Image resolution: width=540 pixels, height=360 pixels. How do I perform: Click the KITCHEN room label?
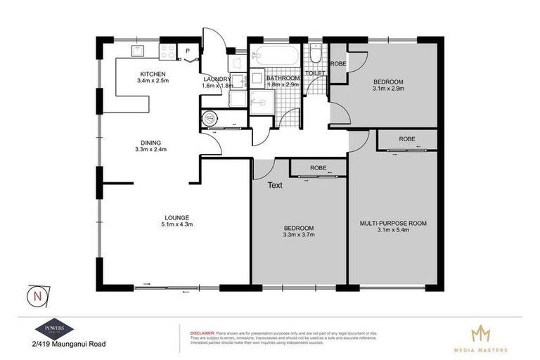[x=153, y=74]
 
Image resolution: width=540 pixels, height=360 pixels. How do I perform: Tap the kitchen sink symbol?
[x=136, y=50]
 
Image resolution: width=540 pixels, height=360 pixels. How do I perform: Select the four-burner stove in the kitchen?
[x=167, y=51]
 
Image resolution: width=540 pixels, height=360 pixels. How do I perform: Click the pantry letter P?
[x=188, y=51]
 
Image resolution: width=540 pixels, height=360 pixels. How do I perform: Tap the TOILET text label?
[x=314, y=73]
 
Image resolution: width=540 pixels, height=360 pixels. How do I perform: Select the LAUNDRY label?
[x=217, y=79]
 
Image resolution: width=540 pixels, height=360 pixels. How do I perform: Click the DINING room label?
[x=150, y=141]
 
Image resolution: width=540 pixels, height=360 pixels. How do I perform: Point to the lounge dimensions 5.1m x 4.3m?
[x=176, y=224]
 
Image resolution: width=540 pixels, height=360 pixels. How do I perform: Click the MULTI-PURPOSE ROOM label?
[x=392, y=223]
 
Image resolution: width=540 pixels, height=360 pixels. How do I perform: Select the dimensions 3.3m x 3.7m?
[x=299, y=236]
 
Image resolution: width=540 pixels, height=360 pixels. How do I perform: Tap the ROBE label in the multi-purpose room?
[x=406, y=139]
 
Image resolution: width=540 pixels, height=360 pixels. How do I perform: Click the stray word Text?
[x=275, y=186]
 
